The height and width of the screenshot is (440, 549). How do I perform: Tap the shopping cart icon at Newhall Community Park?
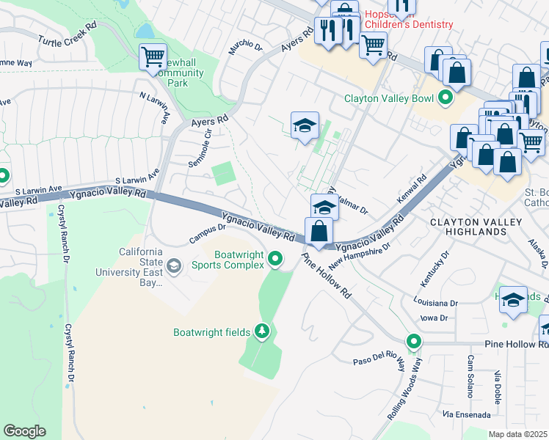(153, 56)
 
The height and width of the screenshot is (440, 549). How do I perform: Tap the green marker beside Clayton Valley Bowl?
(445, 98)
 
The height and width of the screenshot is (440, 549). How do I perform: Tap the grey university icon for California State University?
(174, 265)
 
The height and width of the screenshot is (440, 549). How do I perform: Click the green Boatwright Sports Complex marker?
(275, 258)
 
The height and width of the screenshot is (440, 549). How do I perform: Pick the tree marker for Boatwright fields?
(262, 332)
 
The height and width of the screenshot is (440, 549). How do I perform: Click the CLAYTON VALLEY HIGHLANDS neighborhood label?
(475, 227)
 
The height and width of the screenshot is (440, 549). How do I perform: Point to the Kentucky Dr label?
(433, 276)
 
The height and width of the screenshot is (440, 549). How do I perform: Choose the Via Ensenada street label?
(466, 415)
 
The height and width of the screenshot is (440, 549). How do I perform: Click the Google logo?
(24, 431)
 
